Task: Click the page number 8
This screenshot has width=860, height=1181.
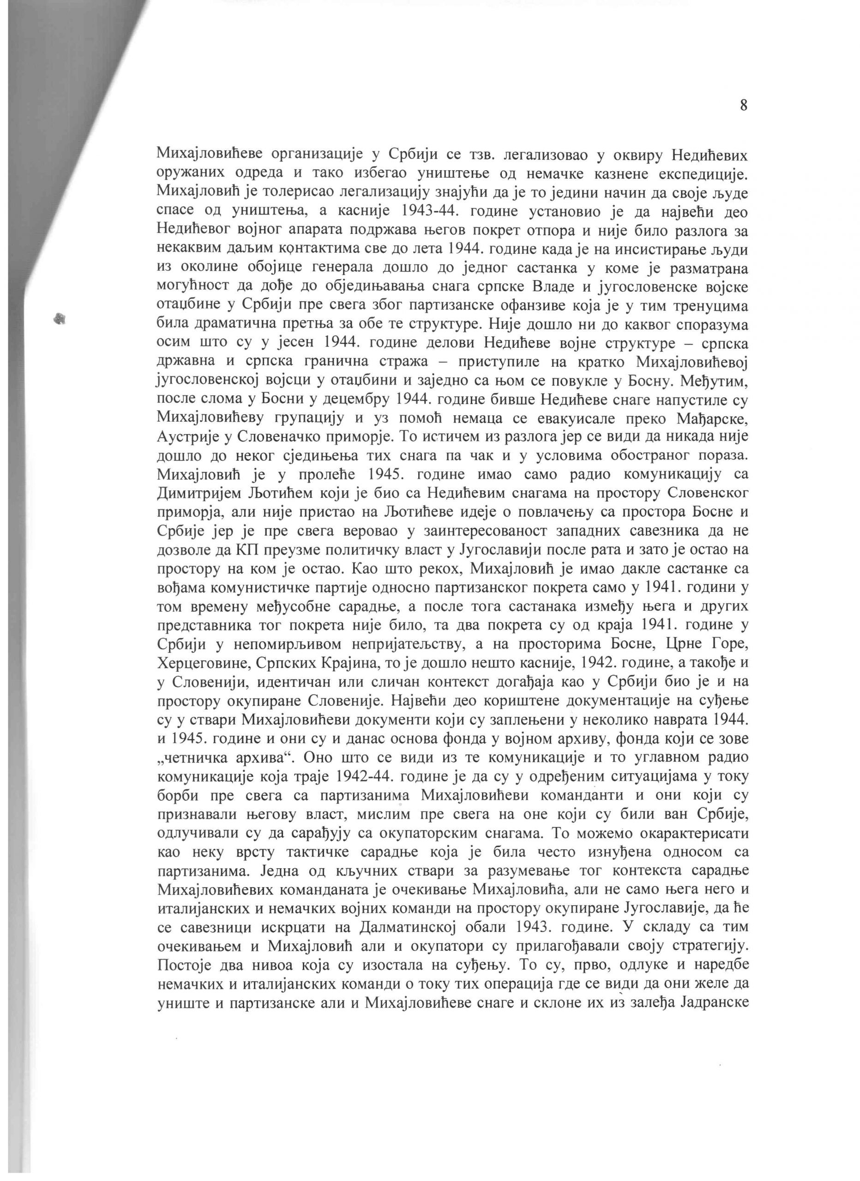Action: pyautogui.click(x=743, y=105)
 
